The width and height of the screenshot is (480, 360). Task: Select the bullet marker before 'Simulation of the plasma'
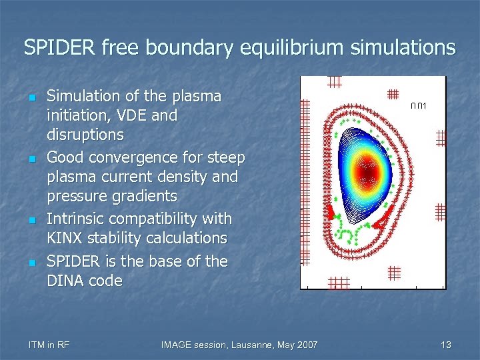[x=31, y=97]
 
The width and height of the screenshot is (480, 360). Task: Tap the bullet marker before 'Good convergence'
[x=31, y=159]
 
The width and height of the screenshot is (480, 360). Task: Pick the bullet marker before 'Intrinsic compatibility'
[x=31, y=220]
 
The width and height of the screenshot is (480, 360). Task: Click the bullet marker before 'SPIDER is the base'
[x=31, y=262]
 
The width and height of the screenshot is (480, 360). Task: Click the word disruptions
[x=85, y=135]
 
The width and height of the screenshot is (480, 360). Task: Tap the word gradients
[x=145, y=196]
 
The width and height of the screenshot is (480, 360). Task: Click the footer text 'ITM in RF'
[x=50, y=345]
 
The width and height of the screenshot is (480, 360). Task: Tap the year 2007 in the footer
[x=306, y=345]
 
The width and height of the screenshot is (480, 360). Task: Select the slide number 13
[x=446, y=345]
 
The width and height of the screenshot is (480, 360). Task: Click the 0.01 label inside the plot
[x=419, y=106]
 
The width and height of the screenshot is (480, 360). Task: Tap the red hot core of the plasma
[x=368, y=173]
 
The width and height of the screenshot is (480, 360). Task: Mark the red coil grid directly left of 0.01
[x=393, y=95]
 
